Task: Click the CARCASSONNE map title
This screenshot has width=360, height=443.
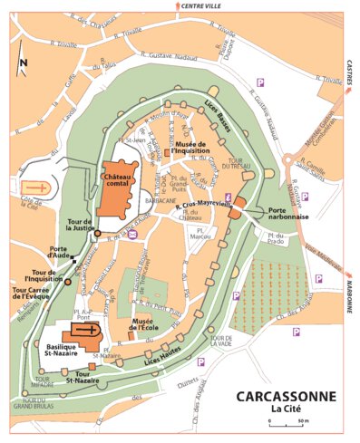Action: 286,396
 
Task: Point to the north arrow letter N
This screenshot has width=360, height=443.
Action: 24,62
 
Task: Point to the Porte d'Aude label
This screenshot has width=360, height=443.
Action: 62,254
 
